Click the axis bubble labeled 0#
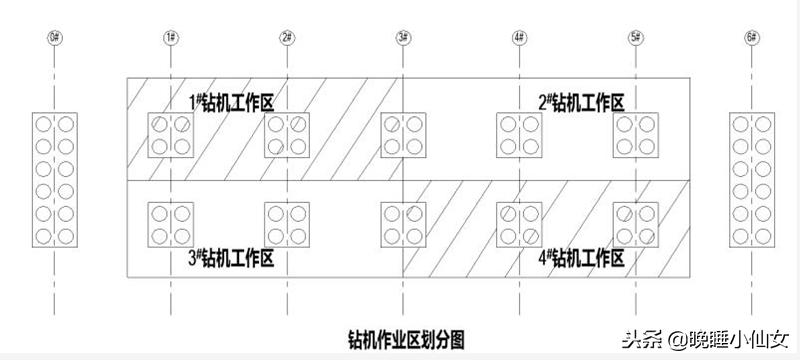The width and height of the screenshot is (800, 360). [54, 38]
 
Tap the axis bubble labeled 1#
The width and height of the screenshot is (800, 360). [171, 38]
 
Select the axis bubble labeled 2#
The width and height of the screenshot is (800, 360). [287, 38]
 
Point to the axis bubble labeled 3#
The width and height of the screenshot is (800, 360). [403, 38]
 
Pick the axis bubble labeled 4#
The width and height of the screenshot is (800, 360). [519, 38]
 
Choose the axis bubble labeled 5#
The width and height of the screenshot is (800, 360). [635, 38]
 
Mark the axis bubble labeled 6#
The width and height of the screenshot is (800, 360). [752, 38]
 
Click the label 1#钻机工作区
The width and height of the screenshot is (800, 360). [232, 102]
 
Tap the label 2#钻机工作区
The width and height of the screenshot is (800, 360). [581, 102]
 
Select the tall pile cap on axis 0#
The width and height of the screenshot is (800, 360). [54, 180]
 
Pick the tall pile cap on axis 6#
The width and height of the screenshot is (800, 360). [752, 180]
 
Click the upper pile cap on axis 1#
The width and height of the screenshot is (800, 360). [171, 135]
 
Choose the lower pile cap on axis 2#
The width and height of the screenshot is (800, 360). [287, 225]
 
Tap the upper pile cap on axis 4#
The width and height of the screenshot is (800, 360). [519, 135]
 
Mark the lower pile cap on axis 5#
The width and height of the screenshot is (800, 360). [635, 225]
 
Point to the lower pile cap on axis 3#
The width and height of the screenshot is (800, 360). [403, 225]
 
